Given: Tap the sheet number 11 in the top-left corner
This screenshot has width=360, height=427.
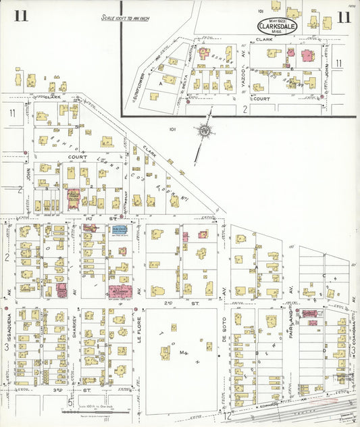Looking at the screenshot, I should [21, 16].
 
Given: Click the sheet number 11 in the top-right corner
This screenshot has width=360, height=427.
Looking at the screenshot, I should [344, 17].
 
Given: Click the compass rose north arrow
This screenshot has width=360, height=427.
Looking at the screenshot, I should [202, 130].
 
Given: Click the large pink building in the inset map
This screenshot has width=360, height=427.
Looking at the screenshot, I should [307, 56].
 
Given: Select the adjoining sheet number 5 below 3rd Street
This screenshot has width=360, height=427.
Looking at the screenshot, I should [70, 403].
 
